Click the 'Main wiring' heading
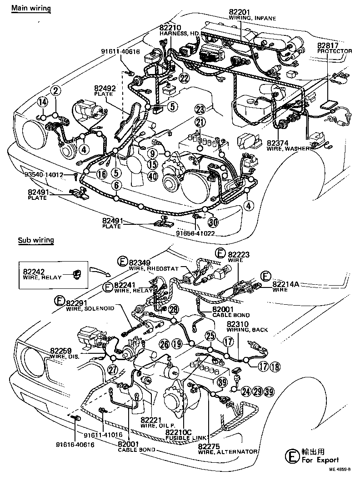tap(31, 9)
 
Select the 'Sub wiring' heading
tap(36, 240)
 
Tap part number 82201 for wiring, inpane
tap(240, 12)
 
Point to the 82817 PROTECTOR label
tap(334, 48)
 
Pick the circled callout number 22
tap(184, 78)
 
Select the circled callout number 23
tap(200, 109)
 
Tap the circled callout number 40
tap(153, 177)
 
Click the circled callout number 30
tap(213, 222)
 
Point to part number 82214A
tap(286, 283)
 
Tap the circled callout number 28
tap(174, 310)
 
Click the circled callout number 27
tap(112, 369)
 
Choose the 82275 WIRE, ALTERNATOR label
tap(228, 449)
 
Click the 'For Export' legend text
tap(320, 460)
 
